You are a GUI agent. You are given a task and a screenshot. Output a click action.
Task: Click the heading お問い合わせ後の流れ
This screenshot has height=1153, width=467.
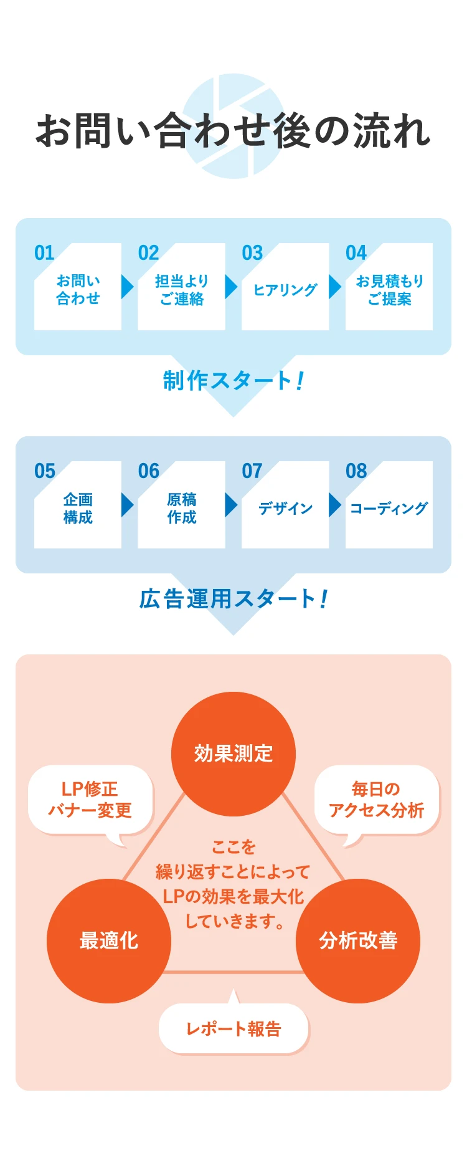coord(233,131)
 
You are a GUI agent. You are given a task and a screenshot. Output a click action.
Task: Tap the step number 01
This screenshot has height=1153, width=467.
coord(44,252)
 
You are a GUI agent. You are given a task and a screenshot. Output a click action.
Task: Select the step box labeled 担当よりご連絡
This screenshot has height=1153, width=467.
coord(181,290)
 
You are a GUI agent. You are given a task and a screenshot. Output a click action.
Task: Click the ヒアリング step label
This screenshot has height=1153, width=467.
coord(285,290)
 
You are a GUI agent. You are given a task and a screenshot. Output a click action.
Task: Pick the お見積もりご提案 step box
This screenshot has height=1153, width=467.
coord(389,290)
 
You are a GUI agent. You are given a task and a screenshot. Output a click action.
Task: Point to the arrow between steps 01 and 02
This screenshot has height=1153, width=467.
coord(128,287)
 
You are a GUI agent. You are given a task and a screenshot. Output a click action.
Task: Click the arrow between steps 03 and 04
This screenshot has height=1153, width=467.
coord(335,287)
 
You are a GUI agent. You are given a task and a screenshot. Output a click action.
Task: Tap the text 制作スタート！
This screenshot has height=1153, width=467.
coord(233,380)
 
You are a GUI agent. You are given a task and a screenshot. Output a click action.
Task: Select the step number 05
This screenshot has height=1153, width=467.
coord(45,471)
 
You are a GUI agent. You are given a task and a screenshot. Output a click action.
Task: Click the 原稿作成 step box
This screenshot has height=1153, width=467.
coord(181,508)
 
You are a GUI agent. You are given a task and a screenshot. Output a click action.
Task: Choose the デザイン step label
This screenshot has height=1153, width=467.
coord(285,509)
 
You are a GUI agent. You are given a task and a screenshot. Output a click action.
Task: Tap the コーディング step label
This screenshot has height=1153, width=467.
coord(389,509)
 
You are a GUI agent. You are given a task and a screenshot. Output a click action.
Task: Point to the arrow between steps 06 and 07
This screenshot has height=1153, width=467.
coord(231,505)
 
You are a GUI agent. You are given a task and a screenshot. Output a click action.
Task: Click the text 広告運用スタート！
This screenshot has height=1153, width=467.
coord(233,599)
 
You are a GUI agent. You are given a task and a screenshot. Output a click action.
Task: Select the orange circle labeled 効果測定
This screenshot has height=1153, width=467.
coord(233,754)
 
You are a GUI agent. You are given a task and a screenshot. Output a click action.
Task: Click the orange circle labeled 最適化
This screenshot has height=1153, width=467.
coord(109,940)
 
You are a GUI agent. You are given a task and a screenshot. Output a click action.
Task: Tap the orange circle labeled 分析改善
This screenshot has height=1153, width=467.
coord(358,940)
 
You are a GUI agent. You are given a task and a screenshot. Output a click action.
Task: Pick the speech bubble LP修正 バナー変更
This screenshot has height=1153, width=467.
coord(90,800)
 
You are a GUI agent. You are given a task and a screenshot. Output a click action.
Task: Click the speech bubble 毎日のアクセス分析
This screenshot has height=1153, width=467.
coord(377,800)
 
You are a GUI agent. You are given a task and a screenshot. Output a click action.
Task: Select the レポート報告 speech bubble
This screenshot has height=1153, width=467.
coord(233,1028)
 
